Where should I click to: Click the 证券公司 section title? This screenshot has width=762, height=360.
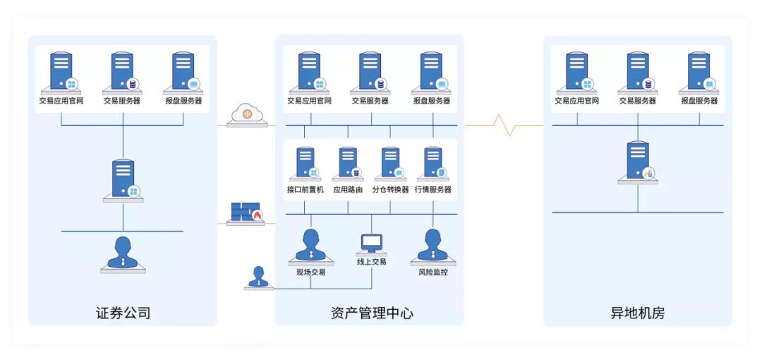[x=123, y=313]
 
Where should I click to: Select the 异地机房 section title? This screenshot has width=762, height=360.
[x=637, y=313]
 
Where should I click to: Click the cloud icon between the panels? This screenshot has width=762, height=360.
[x=247, y=113]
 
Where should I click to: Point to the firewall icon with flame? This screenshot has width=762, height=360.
[x=246, y=212]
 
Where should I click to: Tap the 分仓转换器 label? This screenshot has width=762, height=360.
[x=390, y=190]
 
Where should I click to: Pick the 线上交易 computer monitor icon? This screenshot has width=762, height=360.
[x=371, y=244]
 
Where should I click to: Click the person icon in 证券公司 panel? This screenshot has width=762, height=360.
[x=123, y=254]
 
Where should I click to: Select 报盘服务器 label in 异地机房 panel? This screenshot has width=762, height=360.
[x=699, y=101]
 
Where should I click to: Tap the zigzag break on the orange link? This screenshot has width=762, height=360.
[x=505, y=126]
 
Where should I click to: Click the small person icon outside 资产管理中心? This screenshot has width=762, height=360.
[x=258, y=277]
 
